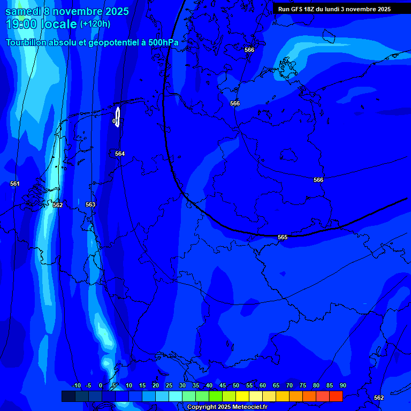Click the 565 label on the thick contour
(283, 237)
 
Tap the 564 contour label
(120, 154)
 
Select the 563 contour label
(90, 204)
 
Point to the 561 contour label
(15, 184)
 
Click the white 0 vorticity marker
(114, 121)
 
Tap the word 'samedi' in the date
(24, 11)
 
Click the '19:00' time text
(22, 25)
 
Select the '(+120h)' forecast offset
(95, 24)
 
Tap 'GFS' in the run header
(295, 9)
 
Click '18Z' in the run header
(310, 9)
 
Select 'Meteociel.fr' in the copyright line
(250, 407)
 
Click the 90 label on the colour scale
(342, 385)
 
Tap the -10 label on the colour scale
(76, 385)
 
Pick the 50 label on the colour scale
(235, 385)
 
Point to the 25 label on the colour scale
(169, 385)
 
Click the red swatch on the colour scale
(336, 396)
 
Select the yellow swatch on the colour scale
(242, 396)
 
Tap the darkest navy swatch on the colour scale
(68, 396)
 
